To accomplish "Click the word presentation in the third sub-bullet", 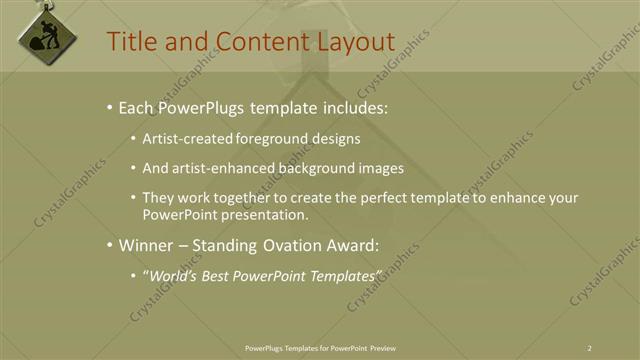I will coord(260,214).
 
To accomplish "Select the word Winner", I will coord(149,245).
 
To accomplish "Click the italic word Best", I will coord(221,275).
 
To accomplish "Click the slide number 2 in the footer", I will coord(590,347).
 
